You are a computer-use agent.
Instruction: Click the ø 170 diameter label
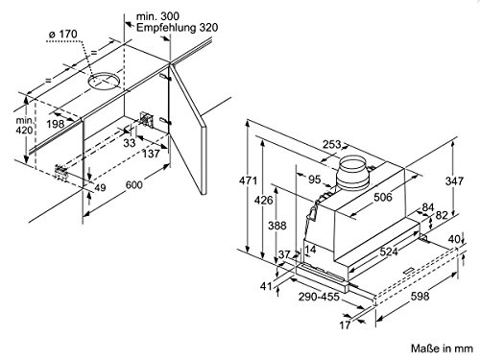click(x=63, y=34)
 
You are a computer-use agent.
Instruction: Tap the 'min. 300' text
click(x=157, y=16)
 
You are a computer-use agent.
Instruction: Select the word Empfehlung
click(x=166, y=28)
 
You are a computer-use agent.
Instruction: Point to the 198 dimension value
click(x=56, y=124)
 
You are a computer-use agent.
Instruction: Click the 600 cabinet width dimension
click(x=134, y=184)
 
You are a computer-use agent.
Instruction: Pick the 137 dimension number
click(x=151, y=154)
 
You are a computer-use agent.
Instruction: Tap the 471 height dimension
click(x=248, y=180)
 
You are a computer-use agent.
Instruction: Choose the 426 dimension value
click(x=264, y=201)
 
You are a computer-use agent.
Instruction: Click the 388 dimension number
click(x=277, y=226)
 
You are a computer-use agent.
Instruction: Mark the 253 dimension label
click(x=331, y=145)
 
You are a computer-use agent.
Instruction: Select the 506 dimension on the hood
click(x=383, y=197)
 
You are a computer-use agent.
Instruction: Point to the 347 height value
click(x=454, y=181)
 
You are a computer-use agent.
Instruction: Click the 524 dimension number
click(x=389, y=252)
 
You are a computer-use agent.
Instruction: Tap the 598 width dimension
click(x=420, y=296)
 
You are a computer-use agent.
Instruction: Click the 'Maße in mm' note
click(x=442, y=348)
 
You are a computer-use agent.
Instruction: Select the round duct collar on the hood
click(x=353, y=173)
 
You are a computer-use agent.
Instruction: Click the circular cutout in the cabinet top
click(x=104, y=82)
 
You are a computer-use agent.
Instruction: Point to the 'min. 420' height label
click(x=24, y=126)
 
